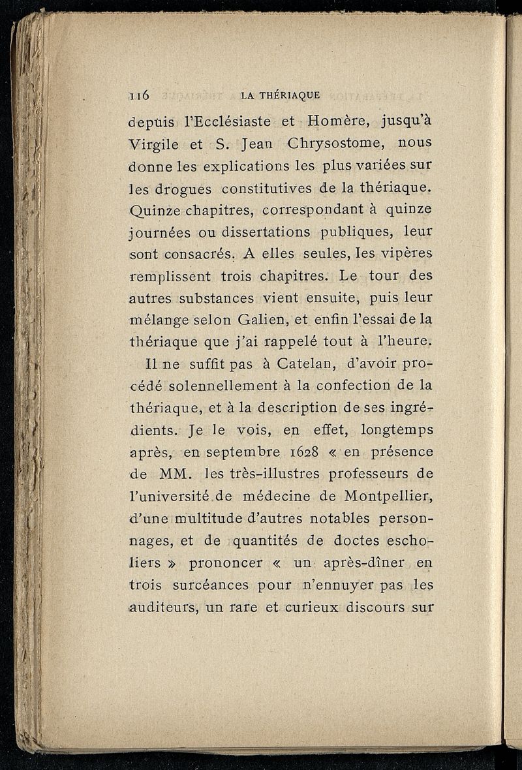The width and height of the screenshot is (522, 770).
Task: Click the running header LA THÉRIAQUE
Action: pyautogui.click(x=281, y=95)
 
